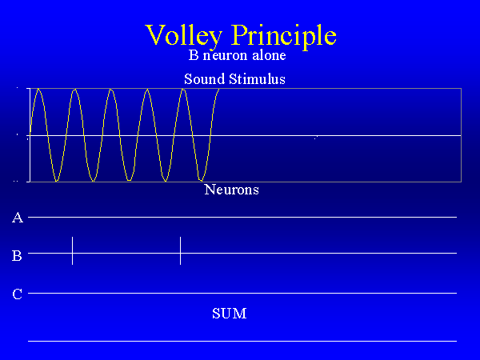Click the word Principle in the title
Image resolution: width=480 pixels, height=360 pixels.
[x=284, y=35]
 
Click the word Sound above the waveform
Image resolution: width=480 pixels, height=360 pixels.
[x=205, y=79]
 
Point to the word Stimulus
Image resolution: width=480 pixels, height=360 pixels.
[x=257, y=79]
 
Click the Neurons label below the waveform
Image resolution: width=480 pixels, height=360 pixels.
[x=231, y=190]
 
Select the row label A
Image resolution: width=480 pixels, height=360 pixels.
[x=18, y=218]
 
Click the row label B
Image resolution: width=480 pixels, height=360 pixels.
[x=17, y=256]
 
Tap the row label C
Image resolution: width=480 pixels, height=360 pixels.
[x=17, y=294]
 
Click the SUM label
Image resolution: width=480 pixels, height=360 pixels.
[x=230, y=314]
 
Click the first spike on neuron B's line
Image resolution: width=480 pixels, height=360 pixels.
[x=72, y=250]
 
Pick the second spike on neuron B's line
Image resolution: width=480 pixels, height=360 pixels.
[x=180, y=250]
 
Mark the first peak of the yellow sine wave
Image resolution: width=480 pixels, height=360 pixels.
[x=38, y=89]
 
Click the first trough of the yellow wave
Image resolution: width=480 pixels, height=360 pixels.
[x=57, y=181]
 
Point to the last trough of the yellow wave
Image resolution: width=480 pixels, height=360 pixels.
[x=201, y=181]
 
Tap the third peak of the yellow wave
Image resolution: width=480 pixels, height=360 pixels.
[x=111, y=90]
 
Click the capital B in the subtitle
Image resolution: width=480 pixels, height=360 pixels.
[x=194, y=55]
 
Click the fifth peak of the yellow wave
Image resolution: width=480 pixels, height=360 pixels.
[x=183, y=90]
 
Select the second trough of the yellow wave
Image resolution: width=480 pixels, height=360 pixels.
[x=94, y=181]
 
